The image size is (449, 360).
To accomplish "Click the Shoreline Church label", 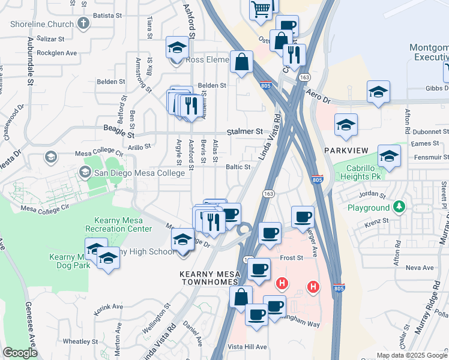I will click(x=42, y=25).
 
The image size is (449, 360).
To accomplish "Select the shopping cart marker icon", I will click(x=261, y=8).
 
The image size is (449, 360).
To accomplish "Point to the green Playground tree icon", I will click(x=399, y=208).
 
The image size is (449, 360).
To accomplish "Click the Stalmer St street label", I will click(x=245, y=131).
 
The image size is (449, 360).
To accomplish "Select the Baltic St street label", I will click(x=238, y=167).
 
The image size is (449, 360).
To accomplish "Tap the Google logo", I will click(x=20, y=353).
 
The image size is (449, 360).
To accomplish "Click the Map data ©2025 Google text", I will click(x=412, y=355).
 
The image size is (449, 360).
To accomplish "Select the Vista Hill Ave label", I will click(x=247, y=347).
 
